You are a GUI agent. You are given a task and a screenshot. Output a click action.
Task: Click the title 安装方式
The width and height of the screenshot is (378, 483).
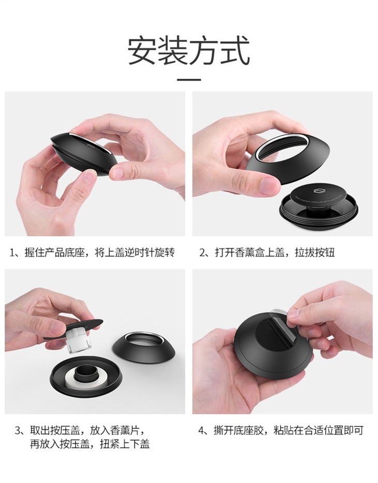tap(188, 51)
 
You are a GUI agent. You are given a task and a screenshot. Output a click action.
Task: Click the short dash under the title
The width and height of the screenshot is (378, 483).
tap(188, 80)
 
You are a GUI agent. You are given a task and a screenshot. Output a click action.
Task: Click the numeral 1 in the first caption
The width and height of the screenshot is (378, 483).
tap(12, 252)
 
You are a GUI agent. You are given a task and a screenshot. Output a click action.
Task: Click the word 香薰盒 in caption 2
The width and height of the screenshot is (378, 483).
tap(250, 252)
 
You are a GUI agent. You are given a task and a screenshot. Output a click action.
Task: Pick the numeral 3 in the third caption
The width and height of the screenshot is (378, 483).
tap(18, 430)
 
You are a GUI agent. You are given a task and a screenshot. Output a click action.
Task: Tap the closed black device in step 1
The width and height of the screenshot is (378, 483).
tap(84, 154)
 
